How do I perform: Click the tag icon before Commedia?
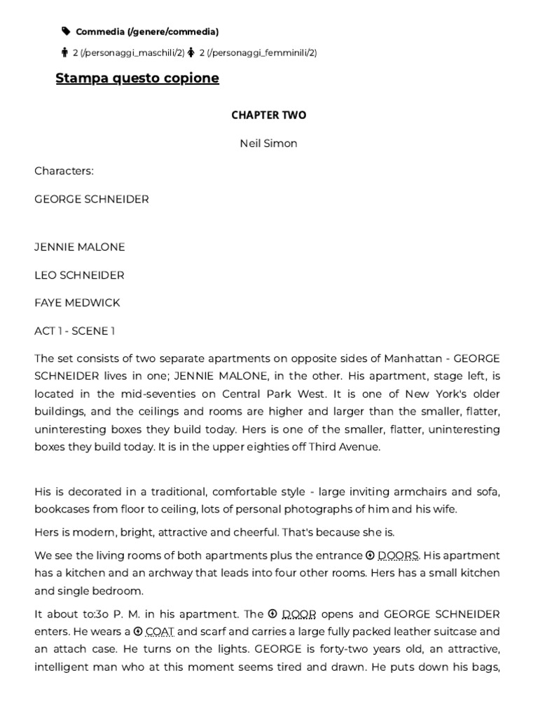coord(66,32)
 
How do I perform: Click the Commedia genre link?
coord(147,32)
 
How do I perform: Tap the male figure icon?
coord(65,53)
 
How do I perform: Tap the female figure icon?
coord(191,53)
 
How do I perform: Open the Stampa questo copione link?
coord(137,78)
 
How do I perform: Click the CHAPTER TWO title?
coord(269,116)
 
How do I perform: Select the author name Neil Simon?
coord(268,144)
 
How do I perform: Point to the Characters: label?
coord(64,171)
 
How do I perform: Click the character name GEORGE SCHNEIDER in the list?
coord(92,200)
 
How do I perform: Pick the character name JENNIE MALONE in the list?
coord(80,247)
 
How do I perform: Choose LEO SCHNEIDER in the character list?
coord(79,275)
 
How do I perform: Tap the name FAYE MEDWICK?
coord(77,302)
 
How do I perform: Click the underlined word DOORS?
coord(398,555)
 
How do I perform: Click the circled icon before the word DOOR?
coord(273,614)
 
